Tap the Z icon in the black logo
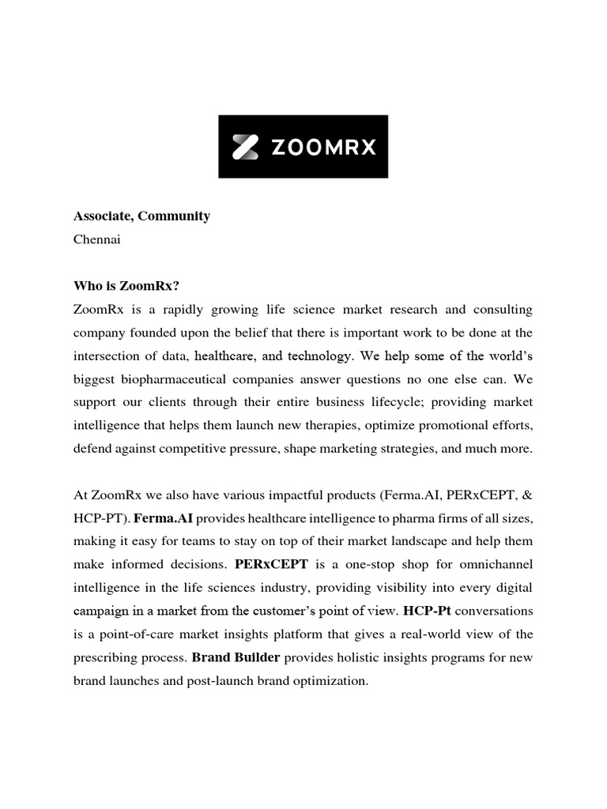tap(245, 147)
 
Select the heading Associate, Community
tap(141, 216)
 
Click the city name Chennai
tap(96, 239)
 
